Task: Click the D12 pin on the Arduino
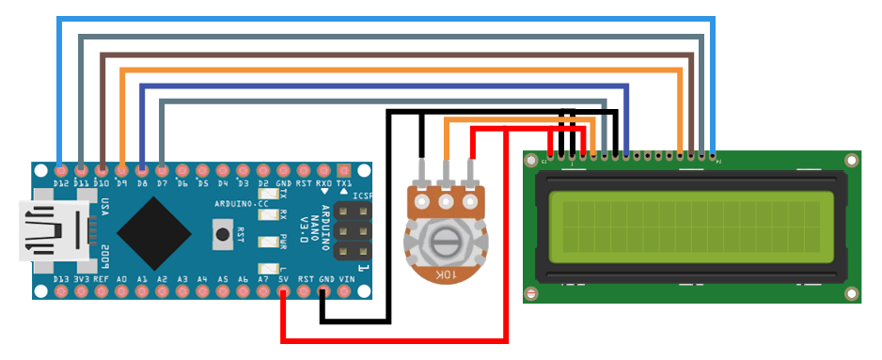pos(61,170)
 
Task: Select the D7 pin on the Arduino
pos(162,170)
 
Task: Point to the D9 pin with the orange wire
pos(121,170)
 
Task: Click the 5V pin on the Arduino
pos(283,292)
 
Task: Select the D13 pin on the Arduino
pos(61,292)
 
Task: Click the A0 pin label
pos(121,279)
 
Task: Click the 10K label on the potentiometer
pos(442,273)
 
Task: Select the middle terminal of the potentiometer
pos(446,199)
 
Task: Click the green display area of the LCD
pos(691,228)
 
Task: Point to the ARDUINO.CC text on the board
pos(242,203)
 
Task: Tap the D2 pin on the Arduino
pos(263,170)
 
